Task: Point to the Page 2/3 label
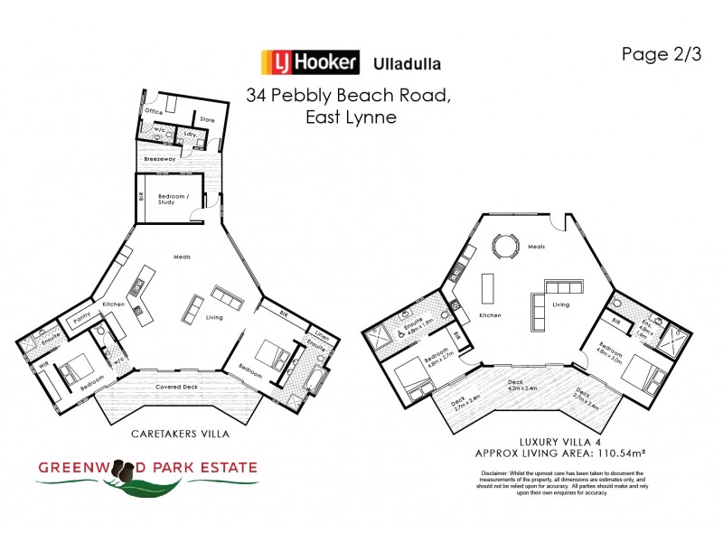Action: coord(661,53)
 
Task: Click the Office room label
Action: coord(155,111)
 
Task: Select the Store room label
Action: coord(207,118)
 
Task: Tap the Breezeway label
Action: coord(159,160)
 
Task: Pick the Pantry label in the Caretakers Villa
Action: coord(79,319)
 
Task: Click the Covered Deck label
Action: coord(178,387)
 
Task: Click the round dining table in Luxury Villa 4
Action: coord(502,246)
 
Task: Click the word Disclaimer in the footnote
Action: coord(495,473)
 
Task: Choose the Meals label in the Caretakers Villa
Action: coord(182,257)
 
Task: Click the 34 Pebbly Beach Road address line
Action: coord(348,96)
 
